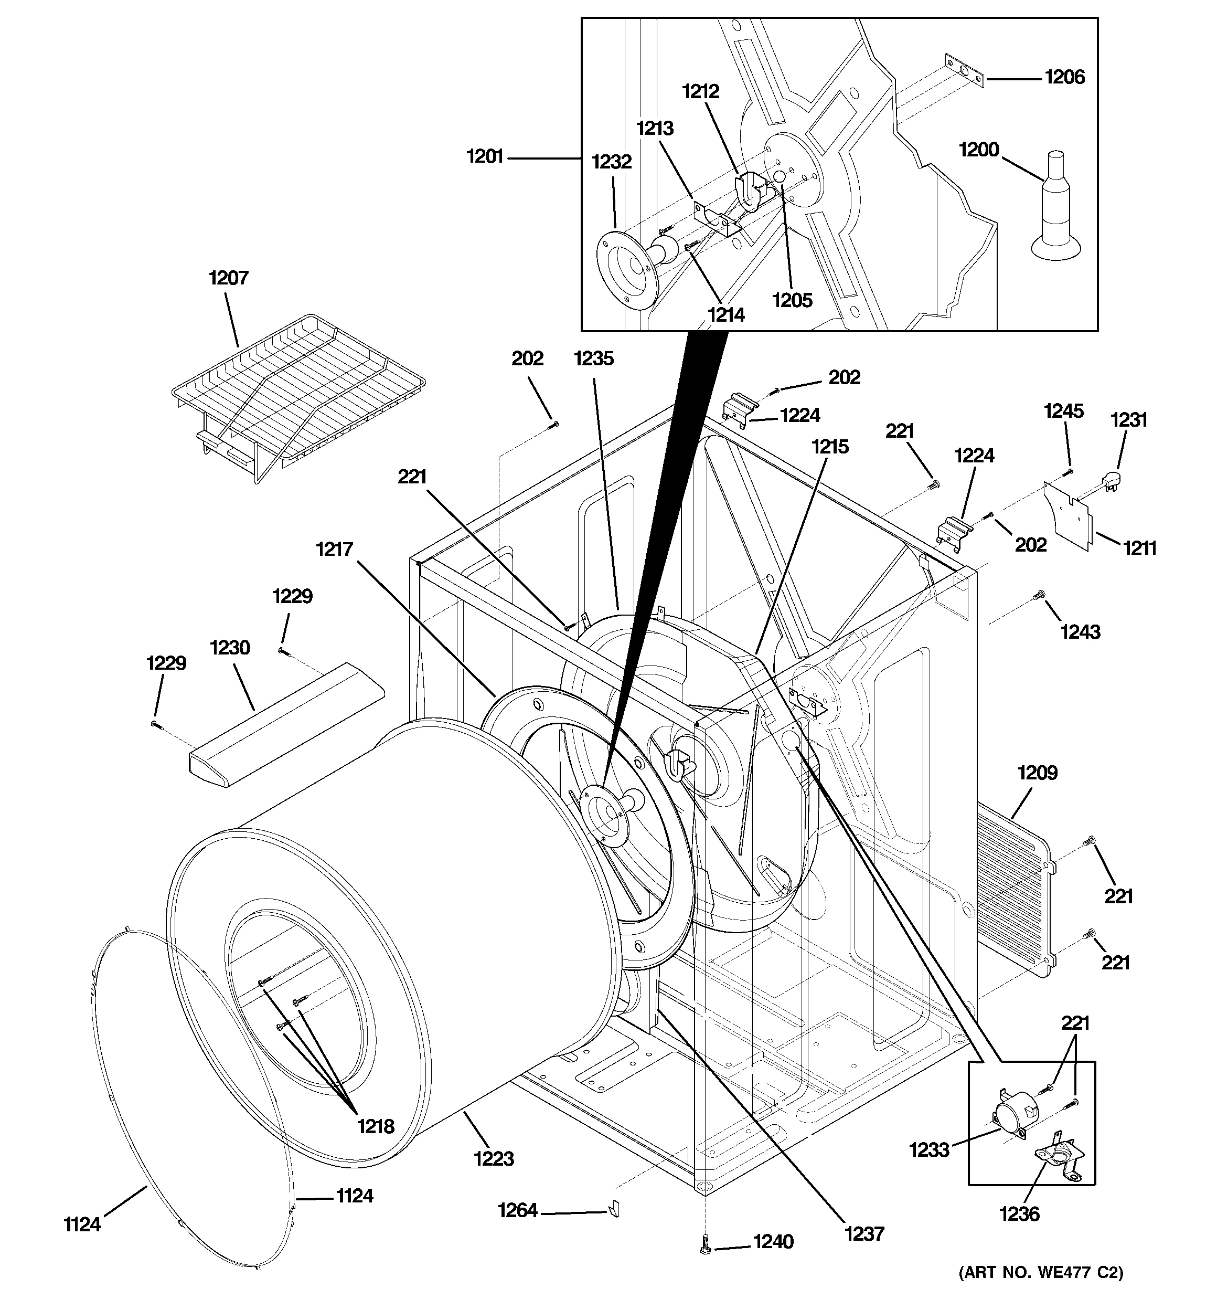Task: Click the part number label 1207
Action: [x=229, y=278]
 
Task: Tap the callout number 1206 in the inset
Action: [x=1064, y=77]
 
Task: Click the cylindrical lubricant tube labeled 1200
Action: [x=1055, y=209]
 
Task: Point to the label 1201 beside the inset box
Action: [x=485, y=157]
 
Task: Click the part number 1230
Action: [x=230, y=648]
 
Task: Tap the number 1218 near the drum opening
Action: [x=376, y=1126]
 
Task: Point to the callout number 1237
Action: [x=864, y=1234]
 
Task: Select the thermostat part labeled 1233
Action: [x=1012, y=1110]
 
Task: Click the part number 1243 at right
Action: [x=1080, y=632]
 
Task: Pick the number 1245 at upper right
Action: [x=1063, y=411]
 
